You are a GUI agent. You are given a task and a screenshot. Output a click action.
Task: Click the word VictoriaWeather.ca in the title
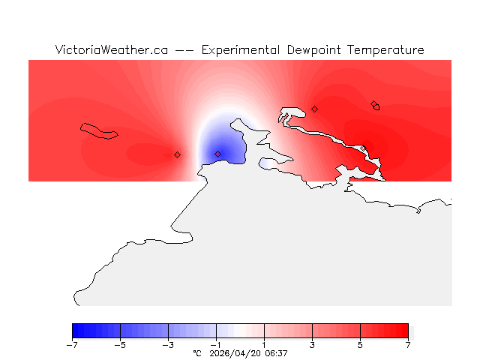(x=111, y=50)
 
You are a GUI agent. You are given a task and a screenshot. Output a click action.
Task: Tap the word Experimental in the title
(x=241, y=50)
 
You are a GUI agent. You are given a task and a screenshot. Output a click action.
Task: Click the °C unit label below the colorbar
(x=197, y=352)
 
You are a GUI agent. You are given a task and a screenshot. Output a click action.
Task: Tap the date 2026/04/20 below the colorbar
(x=234, y=352)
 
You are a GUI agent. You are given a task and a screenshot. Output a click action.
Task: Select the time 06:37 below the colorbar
(x=274, y=352)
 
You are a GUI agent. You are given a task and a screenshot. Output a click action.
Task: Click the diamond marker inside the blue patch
(x=218, y=154)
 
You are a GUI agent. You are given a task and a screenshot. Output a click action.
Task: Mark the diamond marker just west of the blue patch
(x=177, y=154)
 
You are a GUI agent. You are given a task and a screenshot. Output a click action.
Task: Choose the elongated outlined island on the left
(x=99, y=130)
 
